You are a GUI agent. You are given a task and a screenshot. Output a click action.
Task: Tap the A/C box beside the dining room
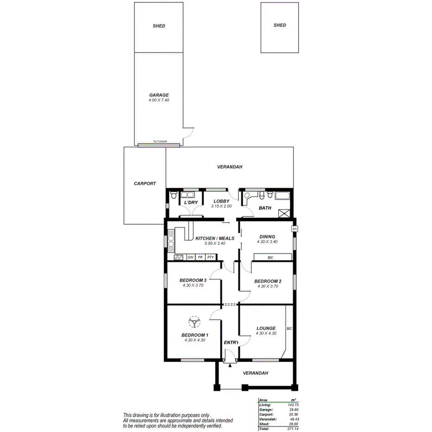pyautogui.click(x=294, y=229)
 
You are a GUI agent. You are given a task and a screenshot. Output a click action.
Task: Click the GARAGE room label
pyautogui.click(x=159, y=95)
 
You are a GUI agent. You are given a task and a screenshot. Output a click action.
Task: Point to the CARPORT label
pyautogui.click(x=145, y=184)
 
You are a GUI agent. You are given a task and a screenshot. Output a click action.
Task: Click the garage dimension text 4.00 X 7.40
pyautogui.click(x=159, y=100)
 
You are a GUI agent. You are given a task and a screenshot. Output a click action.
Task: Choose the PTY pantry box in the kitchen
pyautogui.click(x=210, y=257)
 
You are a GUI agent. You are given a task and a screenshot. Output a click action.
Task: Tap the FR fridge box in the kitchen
pyautogui.click(x=200, y=257)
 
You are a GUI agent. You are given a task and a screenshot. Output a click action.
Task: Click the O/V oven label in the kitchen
pyautogui.click(x=190, y=257)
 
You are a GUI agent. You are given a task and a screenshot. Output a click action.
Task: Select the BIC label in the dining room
pyautogui.click(x=271, y=257)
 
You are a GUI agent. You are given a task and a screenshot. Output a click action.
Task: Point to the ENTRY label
pyautogui.click(x=231, y=343)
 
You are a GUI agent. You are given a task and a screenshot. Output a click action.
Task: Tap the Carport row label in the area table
pyautogui.click(x=266, y=414)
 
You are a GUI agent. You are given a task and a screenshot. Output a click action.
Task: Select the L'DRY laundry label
pyautogui.click(x=191, y=203)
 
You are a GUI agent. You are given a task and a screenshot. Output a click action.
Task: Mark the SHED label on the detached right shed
pyautogui.click(x=280, y=25)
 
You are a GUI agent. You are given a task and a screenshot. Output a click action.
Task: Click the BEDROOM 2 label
pyautogui.click(x=267, y=281)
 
